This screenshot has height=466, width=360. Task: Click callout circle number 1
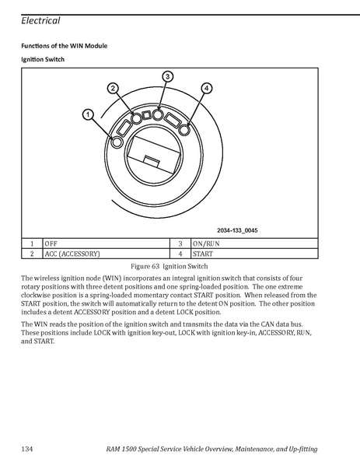(x=88, y=114)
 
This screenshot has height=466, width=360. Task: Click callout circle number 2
(x=113, y=88)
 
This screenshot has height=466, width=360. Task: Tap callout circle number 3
(x=167, y=77)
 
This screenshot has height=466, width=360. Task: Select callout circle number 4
(x=207, y=88)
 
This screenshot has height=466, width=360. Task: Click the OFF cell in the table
(x=107, y=244)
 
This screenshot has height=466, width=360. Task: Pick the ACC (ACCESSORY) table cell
(x=107, y=254)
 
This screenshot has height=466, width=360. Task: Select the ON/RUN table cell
(x=254, y=244)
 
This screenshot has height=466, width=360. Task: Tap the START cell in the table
(x=254, y=254)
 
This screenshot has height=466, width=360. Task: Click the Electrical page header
(x=40, y=20)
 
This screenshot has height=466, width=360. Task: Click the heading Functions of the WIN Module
(x=65, y=46)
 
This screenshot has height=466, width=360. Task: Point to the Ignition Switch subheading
(x=43, y=59)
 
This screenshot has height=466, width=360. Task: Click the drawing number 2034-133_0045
(x=237, y=230)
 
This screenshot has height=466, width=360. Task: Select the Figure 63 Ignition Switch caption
(x=170, y=266)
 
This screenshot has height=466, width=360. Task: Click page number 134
(x=27, y=449)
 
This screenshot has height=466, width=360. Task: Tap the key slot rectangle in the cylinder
(x=154, y=155)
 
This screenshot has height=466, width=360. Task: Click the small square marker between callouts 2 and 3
(x=146, y=114)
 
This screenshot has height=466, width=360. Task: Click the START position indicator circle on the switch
(x=184, y=130)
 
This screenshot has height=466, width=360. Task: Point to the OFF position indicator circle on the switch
(x=117, y=142)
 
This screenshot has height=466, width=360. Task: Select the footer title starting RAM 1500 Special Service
(x=211, y=449)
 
